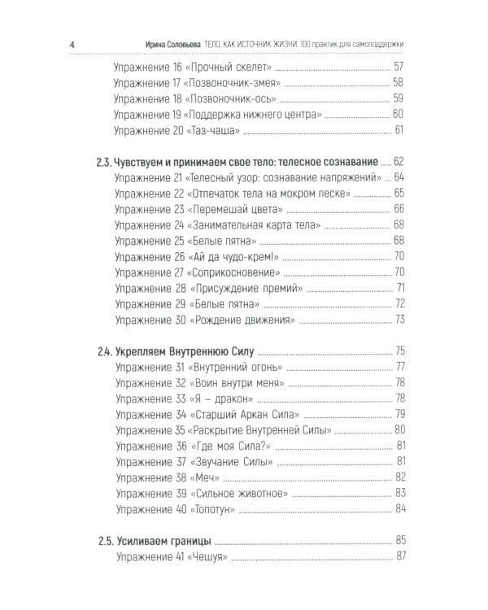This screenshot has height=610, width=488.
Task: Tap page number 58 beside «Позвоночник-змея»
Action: [399, 82]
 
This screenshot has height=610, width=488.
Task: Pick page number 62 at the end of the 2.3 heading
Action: [399, 161]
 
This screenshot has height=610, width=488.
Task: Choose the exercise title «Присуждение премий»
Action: [246, 288]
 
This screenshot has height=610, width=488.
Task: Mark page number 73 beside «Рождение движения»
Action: [399, 320]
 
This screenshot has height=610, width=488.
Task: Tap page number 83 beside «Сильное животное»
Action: [399, 493]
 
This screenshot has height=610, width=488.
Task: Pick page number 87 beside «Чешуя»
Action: [399, 556]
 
